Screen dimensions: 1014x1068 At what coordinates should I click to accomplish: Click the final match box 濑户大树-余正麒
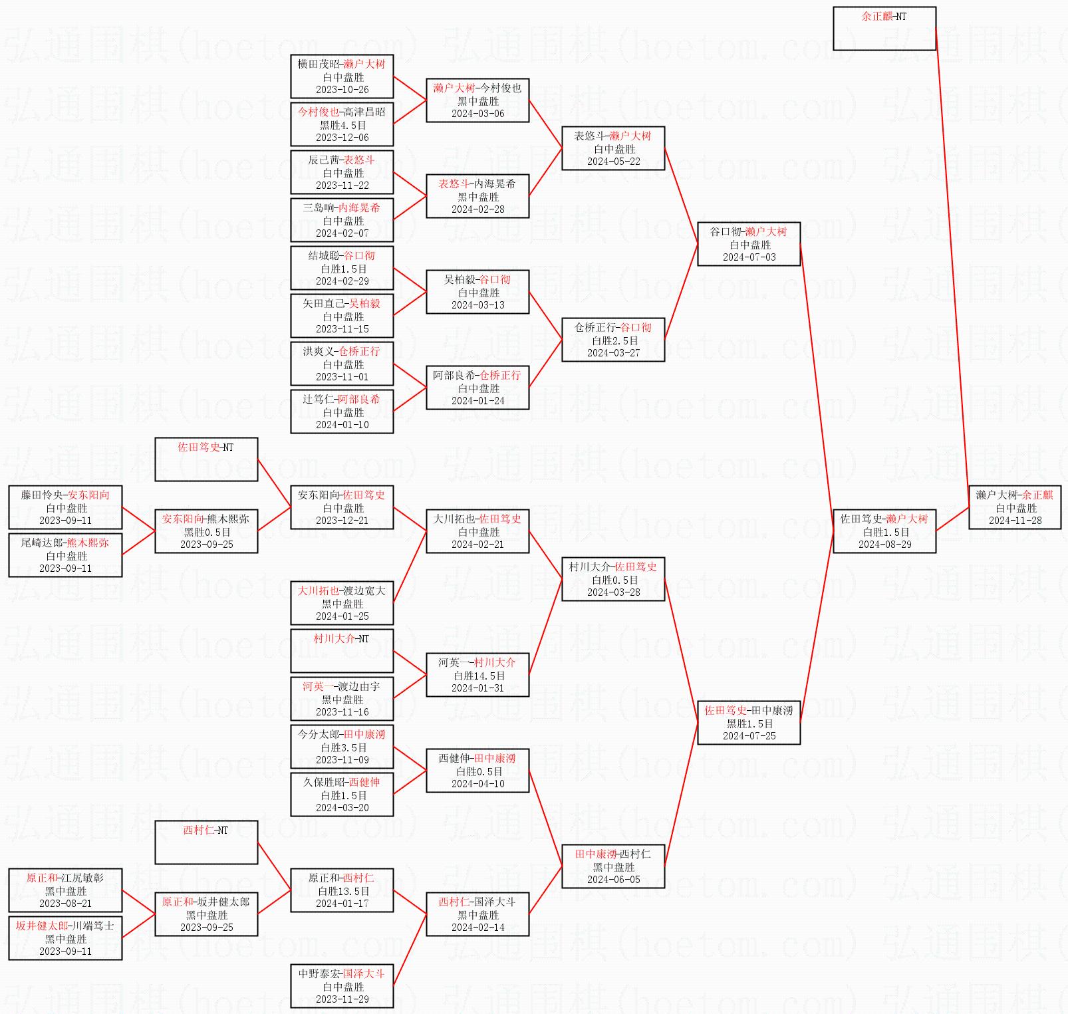pos(1014,507)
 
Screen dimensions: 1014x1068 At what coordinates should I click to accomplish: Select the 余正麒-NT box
pos(884,29)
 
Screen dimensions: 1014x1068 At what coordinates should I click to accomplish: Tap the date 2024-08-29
pos(884,545)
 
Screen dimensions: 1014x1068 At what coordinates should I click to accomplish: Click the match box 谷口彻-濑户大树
pos(748,244)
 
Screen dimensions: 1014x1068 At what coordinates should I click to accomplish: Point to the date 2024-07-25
pos(749,736)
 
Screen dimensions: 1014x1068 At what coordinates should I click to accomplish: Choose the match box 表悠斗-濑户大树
pos(612,148)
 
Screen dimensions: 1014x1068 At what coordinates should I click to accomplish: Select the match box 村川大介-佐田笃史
pos(612,579)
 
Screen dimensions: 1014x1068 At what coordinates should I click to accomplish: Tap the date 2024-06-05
pos(613,880)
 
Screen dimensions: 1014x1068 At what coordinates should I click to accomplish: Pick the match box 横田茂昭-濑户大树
pos(341,76)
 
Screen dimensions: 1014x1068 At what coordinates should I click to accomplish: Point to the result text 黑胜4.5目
pos(342,125)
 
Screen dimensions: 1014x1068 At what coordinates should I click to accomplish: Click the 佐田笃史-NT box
pos(205,459)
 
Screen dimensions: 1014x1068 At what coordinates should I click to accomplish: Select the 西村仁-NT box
pos(205,842)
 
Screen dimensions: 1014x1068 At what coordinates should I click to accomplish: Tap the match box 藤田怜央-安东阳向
pos(65,507)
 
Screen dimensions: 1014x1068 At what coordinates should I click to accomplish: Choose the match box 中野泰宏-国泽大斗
pos(341,986)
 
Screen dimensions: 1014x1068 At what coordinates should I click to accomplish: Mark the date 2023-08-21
pos(65,904)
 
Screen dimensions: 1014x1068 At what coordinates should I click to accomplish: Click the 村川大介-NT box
pos(341,651)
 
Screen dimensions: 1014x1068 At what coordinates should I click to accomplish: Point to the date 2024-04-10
pos(477,784)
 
